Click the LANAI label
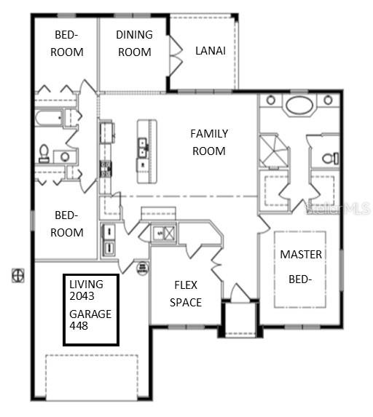(x=211, y=50)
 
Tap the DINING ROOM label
(x=135, y=44)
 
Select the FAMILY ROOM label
(x=209, y=143)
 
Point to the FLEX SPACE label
(x=186, y=294)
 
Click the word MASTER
(x=301, y=255)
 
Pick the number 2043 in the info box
(x=82, y=296)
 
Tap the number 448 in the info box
(x=79, y=326)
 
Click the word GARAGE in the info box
(x=90, y=314)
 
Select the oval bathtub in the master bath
(x=299, y=106)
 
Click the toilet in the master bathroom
(x=331, y=159)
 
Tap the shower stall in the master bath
(x=273, y=151)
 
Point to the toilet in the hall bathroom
(x=44, y=154)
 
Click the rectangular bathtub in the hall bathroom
(x=49, y=119)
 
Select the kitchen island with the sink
(x=146, y=151)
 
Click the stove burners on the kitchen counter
(x=106, y=169)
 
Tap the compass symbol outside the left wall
(x=18, y=276)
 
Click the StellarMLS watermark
(x=337, y=209)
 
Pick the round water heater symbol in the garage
(x=143, y=269)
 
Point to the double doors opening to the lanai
(x=176, y=55)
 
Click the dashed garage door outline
(x=92, y=378)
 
